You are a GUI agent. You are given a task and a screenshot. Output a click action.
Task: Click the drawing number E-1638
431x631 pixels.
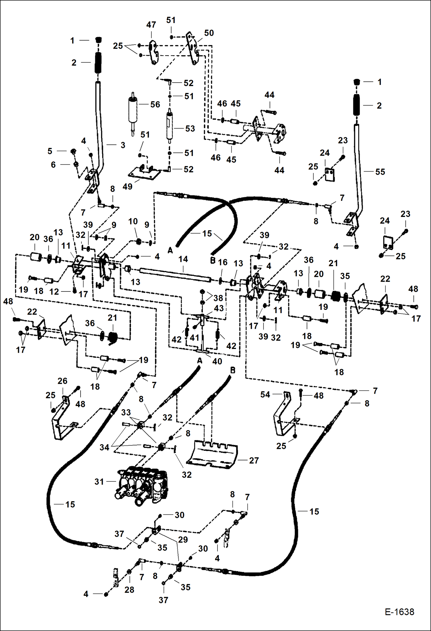click(399, 612)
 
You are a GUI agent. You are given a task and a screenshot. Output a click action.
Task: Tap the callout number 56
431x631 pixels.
click(155, 104)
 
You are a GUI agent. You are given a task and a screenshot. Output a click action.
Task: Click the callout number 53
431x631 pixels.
click(190, 128)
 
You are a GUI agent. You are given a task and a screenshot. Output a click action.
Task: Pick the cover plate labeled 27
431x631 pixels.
click(212, 454)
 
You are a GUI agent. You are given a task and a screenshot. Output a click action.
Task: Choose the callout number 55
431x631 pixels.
click(380, 172)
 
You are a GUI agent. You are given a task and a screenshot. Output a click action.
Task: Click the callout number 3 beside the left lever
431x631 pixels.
click(123, 145)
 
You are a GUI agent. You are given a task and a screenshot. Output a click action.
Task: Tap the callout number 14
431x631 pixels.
click(183, 259)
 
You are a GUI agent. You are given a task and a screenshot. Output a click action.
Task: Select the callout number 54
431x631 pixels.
click(265, 394)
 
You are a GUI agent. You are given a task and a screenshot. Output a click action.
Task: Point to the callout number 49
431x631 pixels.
click(127, 186)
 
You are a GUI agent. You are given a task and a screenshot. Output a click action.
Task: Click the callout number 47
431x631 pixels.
click(151, 25)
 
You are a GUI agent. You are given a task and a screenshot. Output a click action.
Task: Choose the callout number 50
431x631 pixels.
click(209, 33)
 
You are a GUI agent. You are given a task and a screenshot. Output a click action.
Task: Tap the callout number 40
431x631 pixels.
click(217, 361)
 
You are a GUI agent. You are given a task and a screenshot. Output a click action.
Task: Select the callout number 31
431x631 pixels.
click(99, 481)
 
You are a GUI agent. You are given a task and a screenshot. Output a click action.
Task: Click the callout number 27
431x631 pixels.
click(254, 460)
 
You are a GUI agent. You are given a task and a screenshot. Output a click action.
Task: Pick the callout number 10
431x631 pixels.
click(133, 221)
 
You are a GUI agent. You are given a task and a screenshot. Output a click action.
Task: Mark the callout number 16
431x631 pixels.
click(223, 262)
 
